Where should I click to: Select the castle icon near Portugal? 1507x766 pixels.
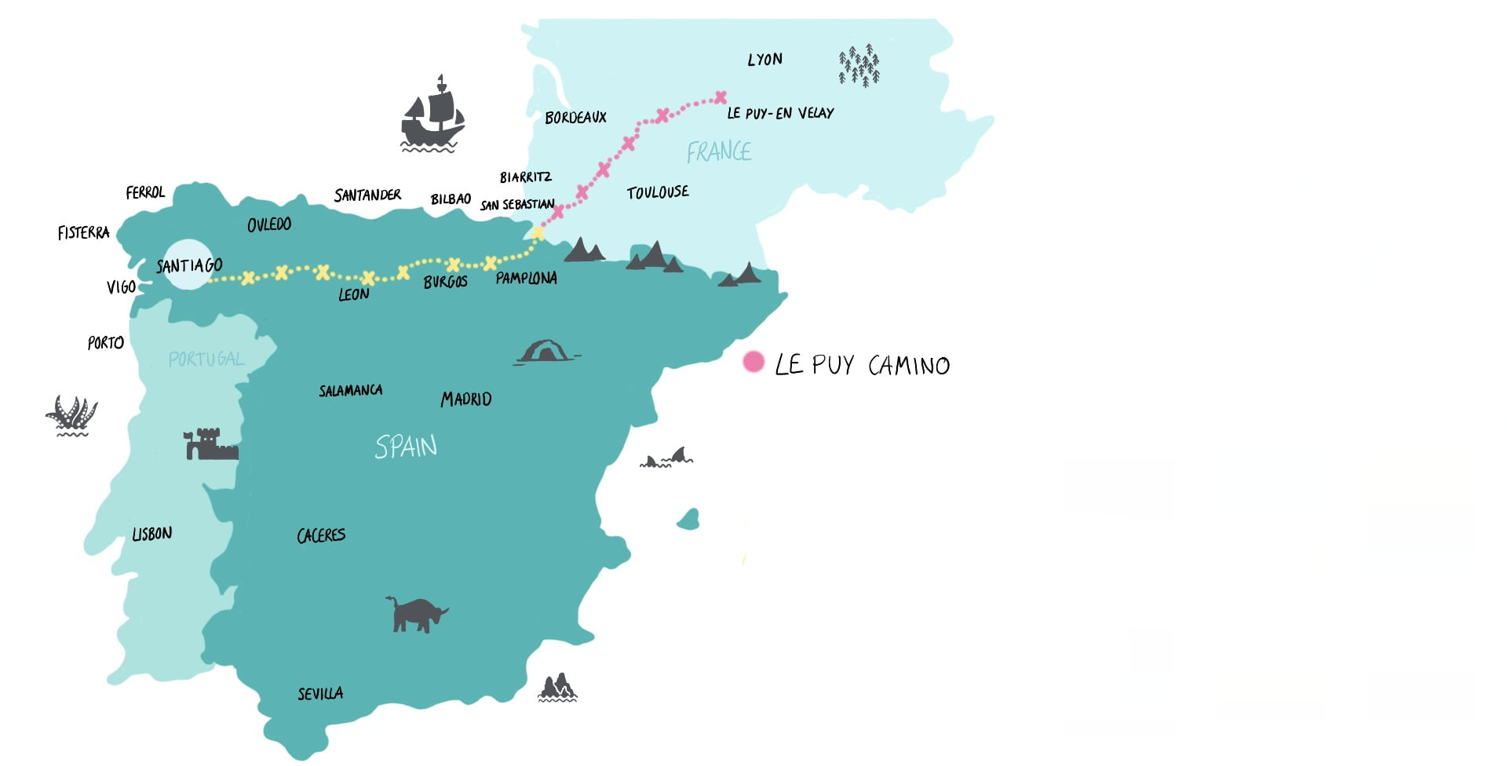[210, 444]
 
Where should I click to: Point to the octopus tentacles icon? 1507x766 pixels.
[71, 416]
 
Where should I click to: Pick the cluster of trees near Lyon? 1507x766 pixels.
[859, 64]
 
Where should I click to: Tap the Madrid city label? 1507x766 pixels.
[466, 399]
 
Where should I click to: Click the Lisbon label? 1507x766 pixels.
[151, 534]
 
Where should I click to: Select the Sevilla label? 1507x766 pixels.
[320, 694]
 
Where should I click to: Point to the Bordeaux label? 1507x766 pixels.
[575, 118]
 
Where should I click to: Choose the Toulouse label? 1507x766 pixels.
[658, 192]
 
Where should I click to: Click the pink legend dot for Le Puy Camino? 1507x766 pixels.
[753, 362]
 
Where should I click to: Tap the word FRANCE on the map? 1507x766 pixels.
[719, 151]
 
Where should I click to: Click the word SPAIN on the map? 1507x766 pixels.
[406, 447]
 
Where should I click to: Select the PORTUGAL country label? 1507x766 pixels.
[206, 359]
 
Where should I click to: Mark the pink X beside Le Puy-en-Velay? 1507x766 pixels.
[721, 97]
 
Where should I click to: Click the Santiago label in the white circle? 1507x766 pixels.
[189, 265]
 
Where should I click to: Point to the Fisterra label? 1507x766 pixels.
[83, 232]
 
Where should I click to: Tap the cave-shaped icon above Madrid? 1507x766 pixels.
[546, 352]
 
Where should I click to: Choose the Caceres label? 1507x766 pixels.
[321, 535]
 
